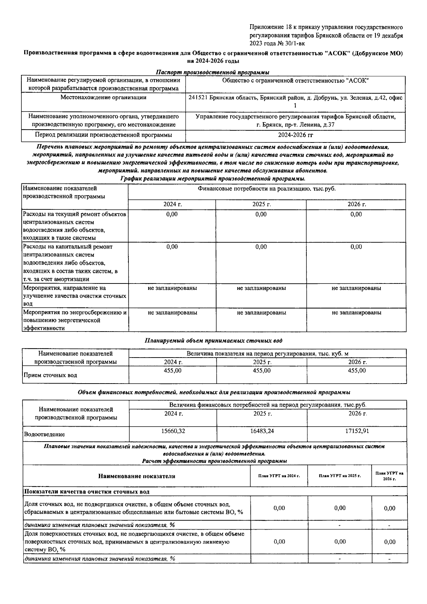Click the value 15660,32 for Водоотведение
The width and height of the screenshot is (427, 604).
(x=173, y=431)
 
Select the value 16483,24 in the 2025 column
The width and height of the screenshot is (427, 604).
(x=262, y=431)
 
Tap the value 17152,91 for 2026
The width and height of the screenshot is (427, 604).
(x=357, y=431)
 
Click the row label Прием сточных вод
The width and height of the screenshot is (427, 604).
(x=50, y=375)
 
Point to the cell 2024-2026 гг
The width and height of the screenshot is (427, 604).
(x=295, y=135)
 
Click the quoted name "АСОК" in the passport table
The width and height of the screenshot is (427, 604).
(x=357, y=80)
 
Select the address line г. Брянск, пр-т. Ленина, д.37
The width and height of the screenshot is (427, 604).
(x=295, y=125)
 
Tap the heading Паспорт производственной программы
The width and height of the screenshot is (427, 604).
(x=212, y=72)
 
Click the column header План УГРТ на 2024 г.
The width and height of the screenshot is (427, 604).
(x=279, y=476)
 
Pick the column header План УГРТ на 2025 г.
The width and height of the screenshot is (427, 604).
(x=340, y=476)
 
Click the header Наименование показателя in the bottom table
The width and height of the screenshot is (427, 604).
(x=137, y=476)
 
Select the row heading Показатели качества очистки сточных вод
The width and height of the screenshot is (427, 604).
(x=86, y=492)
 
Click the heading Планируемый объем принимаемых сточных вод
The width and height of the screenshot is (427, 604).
(x=213, y=340)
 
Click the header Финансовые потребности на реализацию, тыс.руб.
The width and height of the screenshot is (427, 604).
(x=267, y=189)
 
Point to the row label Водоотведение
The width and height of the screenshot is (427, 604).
(x=44, y=434)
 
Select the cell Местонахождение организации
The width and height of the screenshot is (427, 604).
(x=103, y=97)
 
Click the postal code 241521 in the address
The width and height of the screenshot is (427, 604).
(x=197, y=98)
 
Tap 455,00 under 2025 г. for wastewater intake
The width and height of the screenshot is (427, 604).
(x=262, y=370)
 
